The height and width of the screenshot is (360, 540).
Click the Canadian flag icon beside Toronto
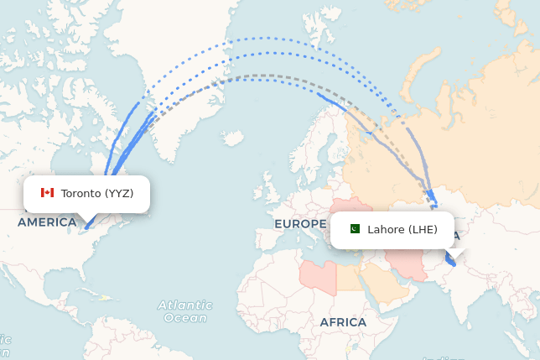click(47, 193)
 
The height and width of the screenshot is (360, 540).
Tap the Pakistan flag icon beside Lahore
click(355, 229)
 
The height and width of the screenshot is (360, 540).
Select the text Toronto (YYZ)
click(97, 193)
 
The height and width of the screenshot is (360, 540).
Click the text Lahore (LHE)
click(402, 229)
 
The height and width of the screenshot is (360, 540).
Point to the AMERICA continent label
click(47, 222)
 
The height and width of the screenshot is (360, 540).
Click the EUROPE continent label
click(299, 224)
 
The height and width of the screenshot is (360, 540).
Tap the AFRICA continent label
click(342, 322)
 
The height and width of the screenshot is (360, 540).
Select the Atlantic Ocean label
click(184, 310)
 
